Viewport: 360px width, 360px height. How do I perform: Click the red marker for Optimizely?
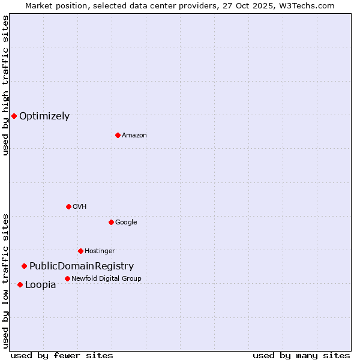pos(14,116)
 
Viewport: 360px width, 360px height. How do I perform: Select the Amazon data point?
pos(118,135)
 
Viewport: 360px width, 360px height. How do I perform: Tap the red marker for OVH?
pos(68,206)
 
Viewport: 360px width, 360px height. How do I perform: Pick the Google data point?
pos(111,222)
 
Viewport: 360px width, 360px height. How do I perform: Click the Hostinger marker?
pos(80,251)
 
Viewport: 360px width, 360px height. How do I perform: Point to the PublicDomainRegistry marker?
pos(24,266)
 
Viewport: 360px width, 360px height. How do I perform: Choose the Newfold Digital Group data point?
pos(67,278)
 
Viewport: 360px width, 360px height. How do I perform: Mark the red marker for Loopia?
pos(20,284)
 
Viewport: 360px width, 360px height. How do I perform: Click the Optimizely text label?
pos(44,116)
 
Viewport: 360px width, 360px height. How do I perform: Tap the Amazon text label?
pos(134,136)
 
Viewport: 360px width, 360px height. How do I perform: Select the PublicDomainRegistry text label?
pos(82,266)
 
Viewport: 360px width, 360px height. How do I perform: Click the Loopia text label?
pos(40,285)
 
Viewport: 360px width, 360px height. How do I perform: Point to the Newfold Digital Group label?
pos(106,278)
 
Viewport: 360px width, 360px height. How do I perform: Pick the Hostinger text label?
pos(100,251)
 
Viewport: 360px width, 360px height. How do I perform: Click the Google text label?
pos(126,222)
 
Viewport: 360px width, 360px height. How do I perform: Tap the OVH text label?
pos(79,206)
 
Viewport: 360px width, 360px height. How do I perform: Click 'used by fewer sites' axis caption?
pos(62,355)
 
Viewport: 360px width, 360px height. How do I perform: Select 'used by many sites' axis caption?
pos(301,355)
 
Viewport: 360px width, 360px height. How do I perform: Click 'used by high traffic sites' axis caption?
pos(6,86)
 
